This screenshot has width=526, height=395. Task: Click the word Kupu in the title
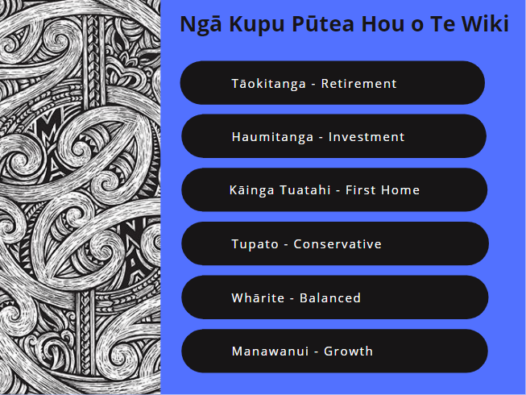257,25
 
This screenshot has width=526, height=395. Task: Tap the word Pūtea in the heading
323,23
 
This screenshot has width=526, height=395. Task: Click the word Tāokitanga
269,84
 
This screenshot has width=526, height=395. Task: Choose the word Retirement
358,84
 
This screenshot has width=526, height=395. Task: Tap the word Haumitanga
272,137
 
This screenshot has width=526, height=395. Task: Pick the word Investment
367,137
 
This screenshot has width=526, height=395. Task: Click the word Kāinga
251,190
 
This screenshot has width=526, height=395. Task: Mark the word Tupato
255,244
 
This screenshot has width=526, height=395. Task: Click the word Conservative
338,244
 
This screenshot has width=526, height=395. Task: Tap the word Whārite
258,298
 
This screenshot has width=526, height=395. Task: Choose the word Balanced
330,298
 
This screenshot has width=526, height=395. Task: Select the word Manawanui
270,351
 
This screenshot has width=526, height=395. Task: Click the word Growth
348,351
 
